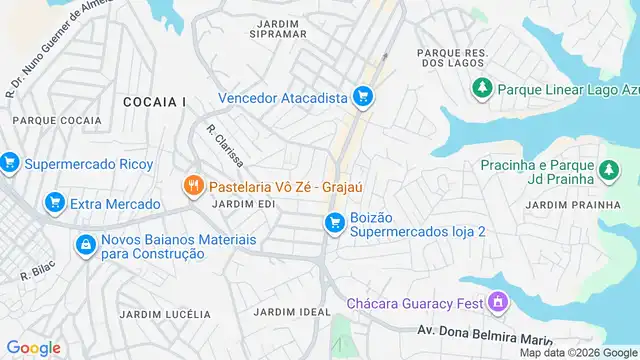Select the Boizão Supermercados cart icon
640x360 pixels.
334,223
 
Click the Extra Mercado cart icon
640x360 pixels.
54,204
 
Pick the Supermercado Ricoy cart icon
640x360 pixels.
10,162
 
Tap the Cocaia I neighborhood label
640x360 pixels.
155,102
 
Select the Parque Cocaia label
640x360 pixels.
57,121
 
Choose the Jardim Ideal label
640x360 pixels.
292,312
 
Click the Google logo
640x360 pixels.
34,347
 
